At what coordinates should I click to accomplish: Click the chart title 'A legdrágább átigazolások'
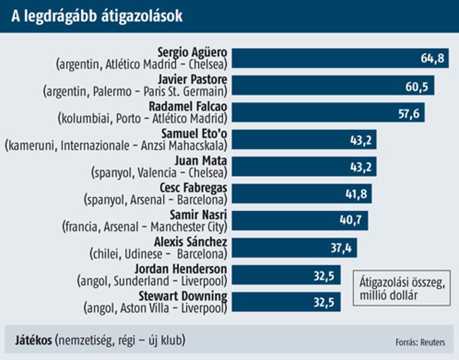click(97, 16)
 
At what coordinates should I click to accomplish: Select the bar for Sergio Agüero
click(340, 58)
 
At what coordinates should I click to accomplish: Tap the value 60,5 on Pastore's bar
click(417, 86)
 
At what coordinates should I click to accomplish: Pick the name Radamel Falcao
click(188, 107)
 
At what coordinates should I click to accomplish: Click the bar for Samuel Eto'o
click(304, 139)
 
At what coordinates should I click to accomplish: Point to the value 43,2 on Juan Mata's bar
click(361, 167)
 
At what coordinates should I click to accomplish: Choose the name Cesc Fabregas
click(193, 188)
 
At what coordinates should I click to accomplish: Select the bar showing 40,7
click(300, 221)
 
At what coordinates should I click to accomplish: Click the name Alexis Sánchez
click(190, 242)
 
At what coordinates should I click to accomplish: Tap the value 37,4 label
click(341, 248)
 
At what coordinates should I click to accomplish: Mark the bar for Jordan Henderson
click(286, 275)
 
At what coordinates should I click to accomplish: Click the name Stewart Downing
click(183, 296)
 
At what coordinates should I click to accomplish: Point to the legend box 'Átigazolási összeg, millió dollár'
click(402, 288)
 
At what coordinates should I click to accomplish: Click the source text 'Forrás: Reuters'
click(420, 342)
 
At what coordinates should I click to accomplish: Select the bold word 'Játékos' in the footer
click(33, 340)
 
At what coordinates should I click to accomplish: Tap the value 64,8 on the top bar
click(432, 58)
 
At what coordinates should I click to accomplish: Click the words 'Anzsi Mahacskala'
click(183, 146)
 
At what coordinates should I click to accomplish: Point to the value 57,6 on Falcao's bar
click(409, 113)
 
